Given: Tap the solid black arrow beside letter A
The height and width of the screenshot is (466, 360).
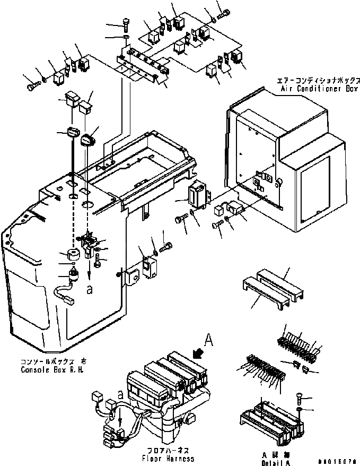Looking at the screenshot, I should click(199, 353).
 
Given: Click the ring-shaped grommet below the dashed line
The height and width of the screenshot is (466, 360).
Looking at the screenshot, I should click(73, 254).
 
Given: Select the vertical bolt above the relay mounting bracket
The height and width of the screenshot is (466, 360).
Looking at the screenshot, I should click(125, 24).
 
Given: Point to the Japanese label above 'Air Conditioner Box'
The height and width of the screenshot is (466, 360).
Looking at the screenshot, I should click(319, 81).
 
